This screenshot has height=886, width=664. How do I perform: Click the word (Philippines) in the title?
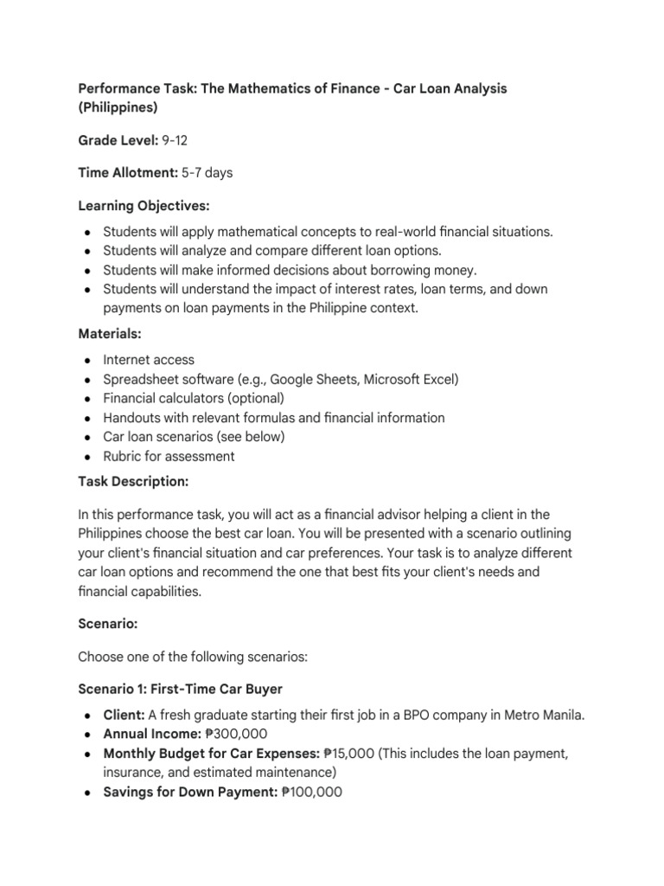118,108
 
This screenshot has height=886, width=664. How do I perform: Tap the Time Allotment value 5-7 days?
207,173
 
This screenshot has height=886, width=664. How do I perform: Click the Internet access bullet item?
149,359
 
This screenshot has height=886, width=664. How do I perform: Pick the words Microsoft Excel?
411,379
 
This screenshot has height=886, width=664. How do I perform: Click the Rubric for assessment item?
169,456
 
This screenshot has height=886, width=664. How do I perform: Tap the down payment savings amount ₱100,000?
312,792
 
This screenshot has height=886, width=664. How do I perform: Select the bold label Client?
124,716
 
